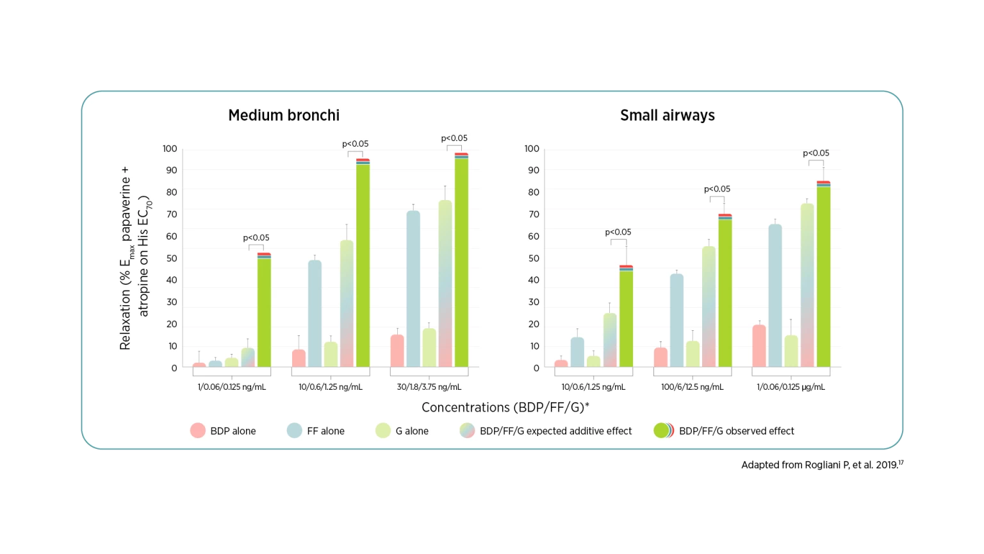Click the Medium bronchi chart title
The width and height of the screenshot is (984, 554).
click(x=284, y=115)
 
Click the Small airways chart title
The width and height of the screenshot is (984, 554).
click(x=667, y=115)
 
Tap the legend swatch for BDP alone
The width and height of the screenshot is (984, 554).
click(x=198, y=431)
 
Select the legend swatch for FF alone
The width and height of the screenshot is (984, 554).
click(x=295, y=431)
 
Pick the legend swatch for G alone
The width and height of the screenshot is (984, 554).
click(x=382, y=431)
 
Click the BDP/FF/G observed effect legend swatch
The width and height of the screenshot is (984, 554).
click(x=662, y=431)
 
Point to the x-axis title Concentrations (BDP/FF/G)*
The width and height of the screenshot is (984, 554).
click(x=505, y=408)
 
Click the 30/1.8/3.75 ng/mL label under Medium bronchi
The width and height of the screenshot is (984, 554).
click(x=429, y=387)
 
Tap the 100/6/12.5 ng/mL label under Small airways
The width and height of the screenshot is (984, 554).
click(x=693, y=387)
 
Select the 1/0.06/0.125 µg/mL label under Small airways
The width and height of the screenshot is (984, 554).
click(x=791, y=387)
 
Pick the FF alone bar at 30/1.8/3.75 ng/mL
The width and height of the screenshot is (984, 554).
click(x=413, y=289)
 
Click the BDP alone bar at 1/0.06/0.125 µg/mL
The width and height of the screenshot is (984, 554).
click(x=759, y=346)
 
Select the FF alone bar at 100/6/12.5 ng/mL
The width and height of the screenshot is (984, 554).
click(x=676, y=321)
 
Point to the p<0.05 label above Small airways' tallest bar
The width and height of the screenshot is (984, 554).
click(x=816, y=153)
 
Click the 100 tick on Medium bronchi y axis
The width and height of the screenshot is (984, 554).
click(x=170, y=149)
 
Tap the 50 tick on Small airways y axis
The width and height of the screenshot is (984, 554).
click(x=533, y=258)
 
